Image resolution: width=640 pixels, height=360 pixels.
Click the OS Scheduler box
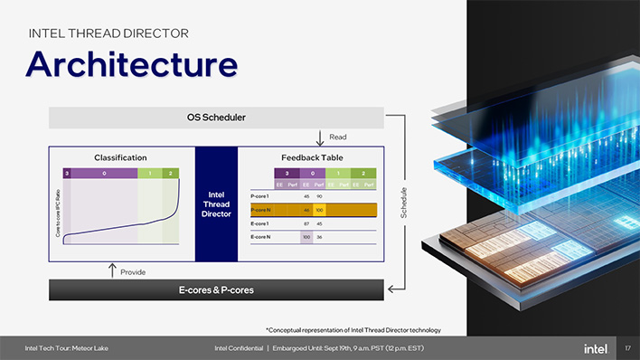pos(216,118)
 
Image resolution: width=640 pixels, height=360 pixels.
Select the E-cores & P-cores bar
pos(216,290)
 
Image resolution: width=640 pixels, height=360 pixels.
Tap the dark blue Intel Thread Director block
pos(215,204)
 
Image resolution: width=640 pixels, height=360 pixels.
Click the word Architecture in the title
pos(131,63)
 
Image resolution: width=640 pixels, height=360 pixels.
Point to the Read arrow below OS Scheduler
pos(320,137)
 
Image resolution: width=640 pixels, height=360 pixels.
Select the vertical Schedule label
pos(402,203)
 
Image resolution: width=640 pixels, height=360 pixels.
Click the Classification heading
pos(120,157)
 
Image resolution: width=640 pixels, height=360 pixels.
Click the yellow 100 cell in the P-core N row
pos(319,210)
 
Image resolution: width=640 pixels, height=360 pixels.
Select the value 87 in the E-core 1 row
pos(306,223)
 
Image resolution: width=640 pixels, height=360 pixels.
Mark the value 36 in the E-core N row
pos(319,236)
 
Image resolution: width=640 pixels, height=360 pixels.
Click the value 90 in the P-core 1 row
pos(319,195)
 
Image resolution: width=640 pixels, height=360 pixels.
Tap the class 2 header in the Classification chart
pos(170,173)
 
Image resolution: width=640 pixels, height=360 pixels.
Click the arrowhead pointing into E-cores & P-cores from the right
pos(390,290)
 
